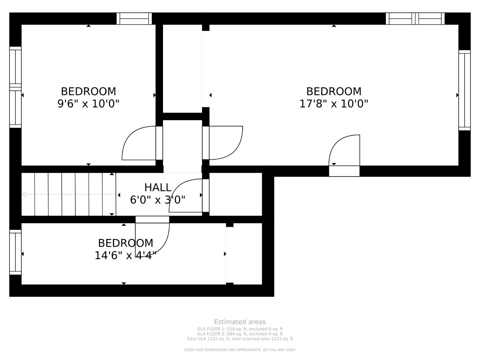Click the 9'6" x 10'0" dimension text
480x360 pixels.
pos(88,104)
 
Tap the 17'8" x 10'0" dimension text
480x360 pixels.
pos(334,104)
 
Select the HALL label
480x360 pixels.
pos(158,187)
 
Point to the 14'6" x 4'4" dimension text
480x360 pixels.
pos(126,255)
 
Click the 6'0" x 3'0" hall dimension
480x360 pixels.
pos(158,200)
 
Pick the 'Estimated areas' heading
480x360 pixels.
pos(240,322)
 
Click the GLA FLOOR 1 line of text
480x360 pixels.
pos(240,329)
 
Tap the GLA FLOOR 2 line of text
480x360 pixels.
pos(240,334)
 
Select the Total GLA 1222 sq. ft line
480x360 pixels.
pos(240,339)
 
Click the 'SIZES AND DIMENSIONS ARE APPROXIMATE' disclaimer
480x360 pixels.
pos(240,350)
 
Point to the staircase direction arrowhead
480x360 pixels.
pos(24,194)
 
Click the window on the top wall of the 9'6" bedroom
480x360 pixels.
pos(134,19)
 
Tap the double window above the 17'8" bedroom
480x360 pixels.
pos(415,19)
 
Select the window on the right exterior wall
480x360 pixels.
pos(464,90)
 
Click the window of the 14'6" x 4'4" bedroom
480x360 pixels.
pos(15,252)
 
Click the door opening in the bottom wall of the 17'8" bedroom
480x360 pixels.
pos(344,171)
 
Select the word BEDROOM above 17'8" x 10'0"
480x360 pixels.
pos(334,91)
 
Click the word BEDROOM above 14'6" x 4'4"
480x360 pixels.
pos(126,243)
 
